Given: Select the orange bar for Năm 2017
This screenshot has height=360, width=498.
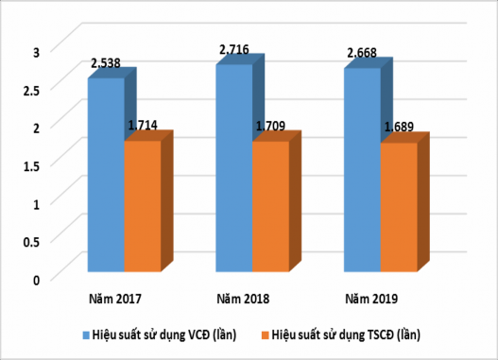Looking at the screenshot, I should coord(142,209).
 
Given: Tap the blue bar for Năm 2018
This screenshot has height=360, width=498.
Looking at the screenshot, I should coord(233,171).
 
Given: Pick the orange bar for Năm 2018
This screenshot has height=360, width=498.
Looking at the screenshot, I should coord(269,209).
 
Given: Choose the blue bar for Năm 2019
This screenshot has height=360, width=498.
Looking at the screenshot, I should coord(362,173).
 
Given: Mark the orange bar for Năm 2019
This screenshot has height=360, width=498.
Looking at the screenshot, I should coord(398,210).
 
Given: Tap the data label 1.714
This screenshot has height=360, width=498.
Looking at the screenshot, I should coord(143,126).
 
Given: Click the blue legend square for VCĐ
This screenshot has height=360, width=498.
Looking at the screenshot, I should coord(84,334).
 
